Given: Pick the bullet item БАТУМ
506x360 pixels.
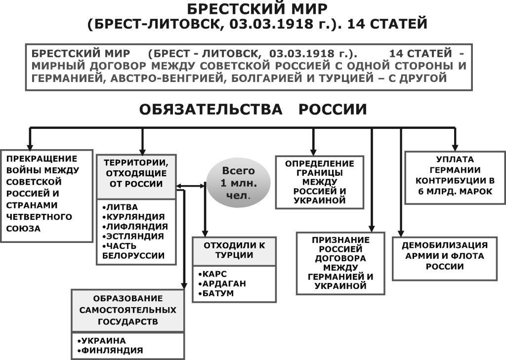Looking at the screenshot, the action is tap(216, 293).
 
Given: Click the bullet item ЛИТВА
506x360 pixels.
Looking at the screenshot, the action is tap(120, 207).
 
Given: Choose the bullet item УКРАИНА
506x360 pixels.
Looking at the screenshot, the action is tap(102, 341).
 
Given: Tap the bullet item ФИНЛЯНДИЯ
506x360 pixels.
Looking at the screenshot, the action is tap(110, 350).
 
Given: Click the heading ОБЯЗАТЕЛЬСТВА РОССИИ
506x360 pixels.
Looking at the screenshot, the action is tap(253, 109).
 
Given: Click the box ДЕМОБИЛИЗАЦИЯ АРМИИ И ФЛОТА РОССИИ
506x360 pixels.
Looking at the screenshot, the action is tap(445, 258).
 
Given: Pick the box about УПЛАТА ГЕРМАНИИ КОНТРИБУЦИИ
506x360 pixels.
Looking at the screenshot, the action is tap(455, 178).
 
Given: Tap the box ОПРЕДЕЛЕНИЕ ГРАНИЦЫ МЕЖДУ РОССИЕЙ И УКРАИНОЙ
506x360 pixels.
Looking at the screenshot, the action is tap(320, 182).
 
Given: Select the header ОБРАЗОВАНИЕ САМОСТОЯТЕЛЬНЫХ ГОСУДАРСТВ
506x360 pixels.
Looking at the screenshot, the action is tap(128, 310).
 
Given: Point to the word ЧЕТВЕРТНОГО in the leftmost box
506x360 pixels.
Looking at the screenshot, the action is tap(39, 217).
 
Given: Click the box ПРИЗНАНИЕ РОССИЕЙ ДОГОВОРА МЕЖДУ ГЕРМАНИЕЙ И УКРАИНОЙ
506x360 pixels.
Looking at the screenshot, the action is tap(340, 263).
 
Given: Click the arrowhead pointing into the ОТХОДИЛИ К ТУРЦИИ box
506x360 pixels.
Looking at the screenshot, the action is tap(205, 234).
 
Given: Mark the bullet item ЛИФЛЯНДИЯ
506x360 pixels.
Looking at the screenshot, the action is tap(135, 227).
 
